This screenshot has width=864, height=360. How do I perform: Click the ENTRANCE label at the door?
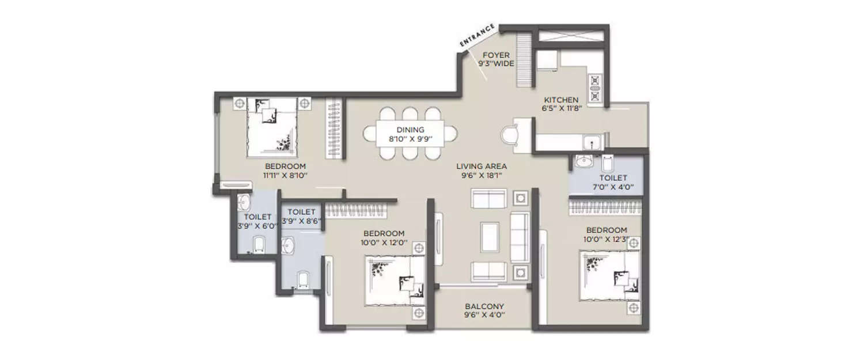click(x=478, y=35)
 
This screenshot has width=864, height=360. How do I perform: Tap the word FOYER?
click(x=496, y=55)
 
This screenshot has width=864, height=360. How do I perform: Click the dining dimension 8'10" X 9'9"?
click(x=410, y=139)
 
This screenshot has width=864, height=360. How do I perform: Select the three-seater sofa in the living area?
click(x=520, y=237)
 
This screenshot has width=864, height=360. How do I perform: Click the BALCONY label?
click(x=484, y=306)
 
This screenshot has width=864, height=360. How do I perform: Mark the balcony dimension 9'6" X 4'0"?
click(x=484, y=316)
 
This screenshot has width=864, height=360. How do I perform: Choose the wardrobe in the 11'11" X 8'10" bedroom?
click(x=334, y=128)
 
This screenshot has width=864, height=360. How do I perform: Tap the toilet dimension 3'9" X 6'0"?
click(x=257, y=226)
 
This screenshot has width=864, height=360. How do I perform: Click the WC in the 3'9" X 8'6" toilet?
click(x=303, y=279)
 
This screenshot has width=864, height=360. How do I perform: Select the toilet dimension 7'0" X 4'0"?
click(x=613, y=187)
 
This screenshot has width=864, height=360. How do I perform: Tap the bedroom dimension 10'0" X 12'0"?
click(x=384, y=242)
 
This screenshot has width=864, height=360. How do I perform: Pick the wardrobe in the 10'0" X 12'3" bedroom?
click(x=605, y=207)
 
